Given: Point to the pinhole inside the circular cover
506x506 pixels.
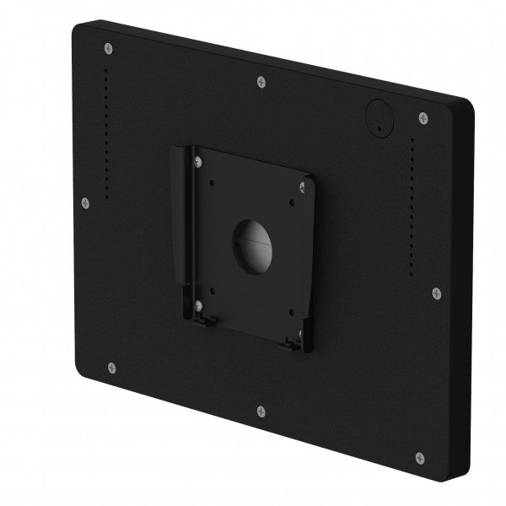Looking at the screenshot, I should pyautogui.click(x=379, y=128).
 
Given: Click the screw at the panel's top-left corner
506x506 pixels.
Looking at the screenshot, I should pyautogui.click(x=108, y=48).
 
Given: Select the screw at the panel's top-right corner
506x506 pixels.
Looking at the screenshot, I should pyautogui.click(x=423, y=118).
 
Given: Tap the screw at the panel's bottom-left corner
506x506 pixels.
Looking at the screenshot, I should pyautogui.click(x=111, y=367).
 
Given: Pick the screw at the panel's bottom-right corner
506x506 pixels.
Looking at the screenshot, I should pyautogui.click(x=420, y=458).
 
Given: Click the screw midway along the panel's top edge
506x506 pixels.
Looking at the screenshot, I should pyautogui.click(x=261, y=82).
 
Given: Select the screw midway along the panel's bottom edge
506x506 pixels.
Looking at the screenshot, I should pyautogui.click(x=261, y=412).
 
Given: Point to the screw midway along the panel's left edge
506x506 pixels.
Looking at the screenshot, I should pyautogui.click(x=85, y=202).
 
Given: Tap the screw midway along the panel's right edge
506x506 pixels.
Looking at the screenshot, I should pyautogui.click(x=436, y=293).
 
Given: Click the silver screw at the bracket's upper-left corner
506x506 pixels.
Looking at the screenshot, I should pyautogui.click(x=198, y=159).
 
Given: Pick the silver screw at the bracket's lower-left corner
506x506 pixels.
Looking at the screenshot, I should pyautogui.click(x=199, y=304).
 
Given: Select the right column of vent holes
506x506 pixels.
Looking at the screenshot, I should pyautogui.click(x=412, y=207).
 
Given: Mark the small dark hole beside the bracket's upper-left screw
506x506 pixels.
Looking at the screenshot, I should pyautogui.click(x=213, y=180).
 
